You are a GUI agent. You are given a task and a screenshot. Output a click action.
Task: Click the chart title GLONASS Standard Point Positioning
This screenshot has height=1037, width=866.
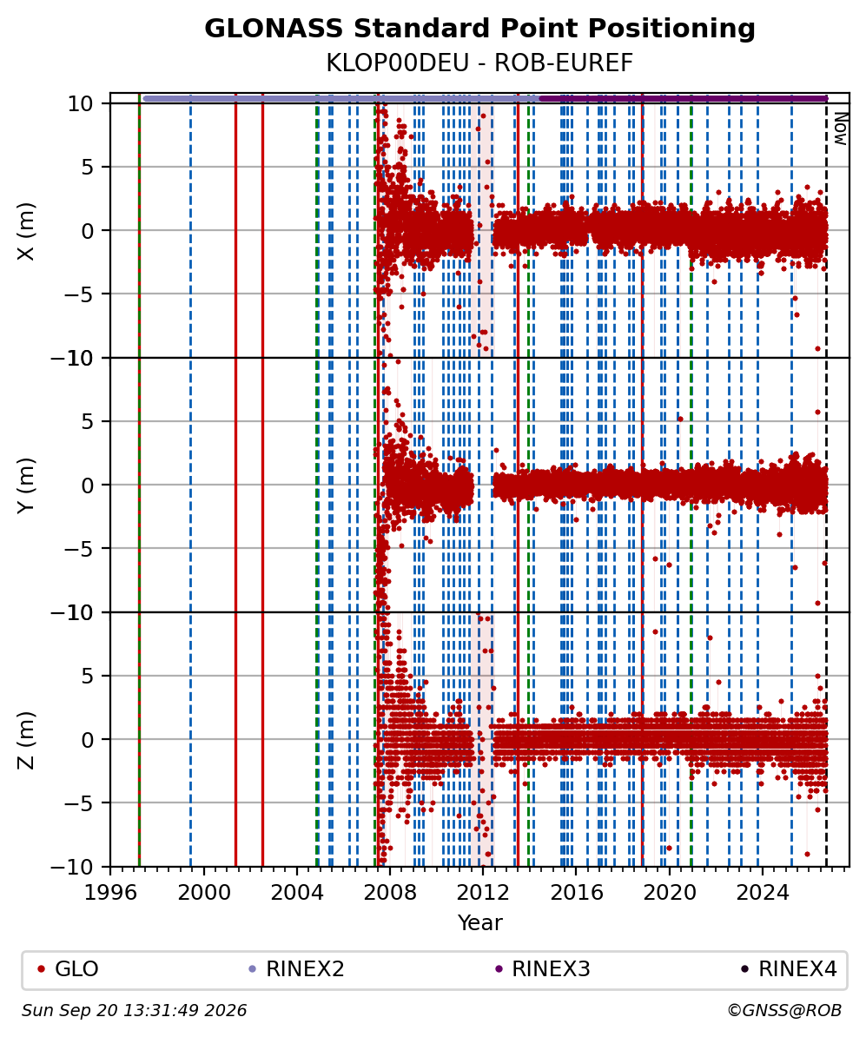[x=479, y=29]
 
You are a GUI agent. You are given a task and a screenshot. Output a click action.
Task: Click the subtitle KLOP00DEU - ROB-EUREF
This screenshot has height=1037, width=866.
[x=479, y=63]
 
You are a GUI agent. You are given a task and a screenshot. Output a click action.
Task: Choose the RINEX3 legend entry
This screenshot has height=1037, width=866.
[x=543, y=969]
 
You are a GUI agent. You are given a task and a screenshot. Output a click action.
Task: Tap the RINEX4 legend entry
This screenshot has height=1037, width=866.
[x=790, y=969]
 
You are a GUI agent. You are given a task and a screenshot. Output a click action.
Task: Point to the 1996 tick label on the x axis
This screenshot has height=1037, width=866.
[x=109, y=893]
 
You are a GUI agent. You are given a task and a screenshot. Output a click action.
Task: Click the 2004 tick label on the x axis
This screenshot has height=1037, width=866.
[x=296, y=893]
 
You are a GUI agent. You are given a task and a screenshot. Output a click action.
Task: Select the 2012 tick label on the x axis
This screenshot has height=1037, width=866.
[x=483, y=893]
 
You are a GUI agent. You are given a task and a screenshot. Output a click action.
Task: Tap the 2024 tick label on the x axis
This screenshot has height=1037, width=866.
[x=763, y=893]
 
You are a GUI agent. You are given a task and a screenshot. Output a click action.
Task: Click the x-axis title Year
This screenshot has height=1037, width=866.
[x=479, y=922]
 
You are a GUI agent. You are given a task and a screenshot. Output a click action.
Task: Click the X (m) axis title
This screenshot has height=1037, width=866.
[x=25, y=231]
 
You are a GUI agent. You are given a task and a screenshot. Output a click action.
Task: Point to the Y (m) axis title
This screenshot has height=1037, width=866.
[x=25, y=485]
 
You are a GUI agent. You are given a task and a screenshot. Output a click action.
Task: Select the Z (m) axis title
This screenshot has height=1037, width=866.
[x=25, y=740]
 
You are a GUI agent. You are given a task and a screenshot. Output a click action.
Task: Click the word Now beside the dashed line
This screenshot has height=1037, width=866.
[x=841, y=129]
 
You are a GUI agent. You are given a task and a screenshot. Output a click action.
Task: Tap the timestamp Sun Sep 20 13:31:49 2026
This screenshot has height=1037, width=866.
[x=135, y=1011]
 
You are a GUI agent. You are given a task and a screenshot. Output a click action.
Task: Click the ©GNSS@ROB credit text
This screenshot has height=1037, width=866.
[x=784, y=1011]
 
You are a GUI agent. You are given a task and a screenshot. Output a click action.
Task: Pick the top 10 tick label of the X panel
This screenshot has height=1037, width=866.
[x=79, y=104]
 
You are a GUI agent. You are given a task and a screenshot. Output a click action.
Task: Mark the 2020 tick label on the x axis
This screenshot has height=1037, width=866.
[x=670, y=893]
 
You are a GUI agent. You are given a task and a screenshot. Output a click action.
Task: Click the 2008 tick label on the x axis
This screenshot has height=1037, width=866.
[x=390, y=893]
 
